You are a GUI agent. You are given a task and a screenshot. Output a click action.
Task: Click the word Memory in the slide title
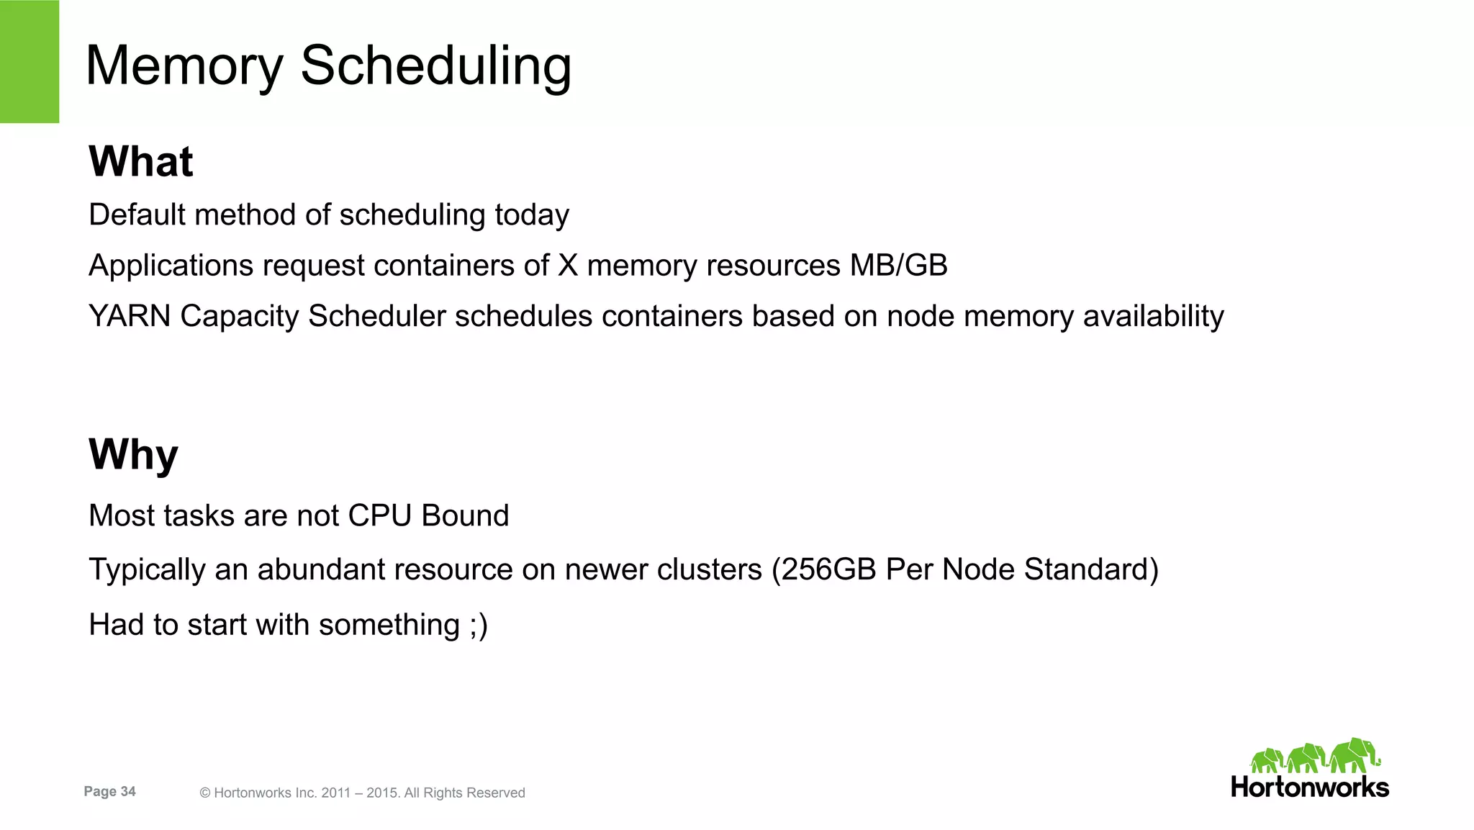tap(184, 66)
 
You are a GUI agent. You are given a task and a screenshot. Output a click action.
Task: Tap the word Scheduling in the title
tap(435, 66)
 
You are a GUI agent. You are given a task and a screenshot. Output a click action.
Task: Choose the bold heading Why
tap(133, 455)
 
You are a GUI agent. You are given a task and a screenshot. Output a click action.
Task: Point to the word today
tap(532, 215)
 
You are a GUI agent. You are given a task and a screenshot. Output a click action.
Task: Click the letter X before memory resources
tap(568, 266)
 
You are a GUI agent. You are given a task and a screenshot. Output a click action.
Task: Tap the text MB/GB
tap(898, 266)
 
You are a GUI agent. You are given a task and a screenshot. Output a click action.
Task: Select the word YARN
tap(130, 316)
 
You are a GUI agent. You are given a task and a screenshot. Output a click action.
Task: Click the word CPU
tap(379, 515)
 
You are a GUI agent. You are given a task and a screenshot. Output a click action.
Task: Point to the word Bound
tap(465, 515)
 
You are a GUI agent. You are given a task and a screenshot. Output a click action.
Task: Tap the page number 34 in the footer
tap(128, 791)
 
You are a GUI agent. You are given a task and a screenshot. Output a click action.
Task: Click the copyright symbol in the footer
tap(205, 793)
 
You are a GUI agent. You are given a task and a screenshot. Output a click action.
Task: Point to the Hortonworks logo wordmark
tap(1310, 787)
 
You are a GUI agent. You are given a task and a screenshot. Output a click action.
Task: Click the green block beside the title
tap(30, 61)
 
